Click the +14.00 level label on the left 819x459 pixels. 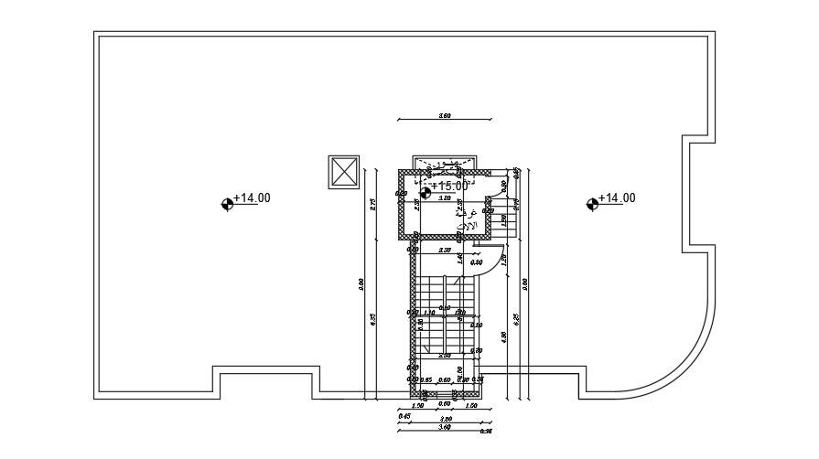(252, 197)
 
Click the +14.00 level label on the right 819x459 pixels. (617, 197)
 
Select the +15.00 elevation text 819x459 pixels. (449, 185)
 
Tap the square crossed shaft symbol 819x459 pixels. (345, 172)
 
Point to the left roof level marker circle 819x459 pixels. (227, 205)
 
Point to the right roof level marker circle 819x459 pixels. (592, 205)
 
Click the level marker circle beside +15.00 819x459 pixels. (426, 191)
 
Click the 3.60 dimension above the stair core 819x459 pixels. (446, 116)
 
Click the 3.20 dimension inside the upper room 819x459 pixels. (445, 198)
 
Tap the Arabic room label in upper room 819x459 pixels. (467, 219)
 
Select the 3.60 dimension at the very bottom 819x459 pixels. (445, 426)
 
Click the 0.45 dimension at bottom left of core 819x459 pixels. (404, 416)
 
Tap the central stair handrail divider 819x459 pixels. (445, 315)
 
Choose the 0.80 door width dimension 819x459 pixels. (477, 262)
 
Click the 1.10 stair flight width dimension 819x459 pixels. (428, 312)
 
